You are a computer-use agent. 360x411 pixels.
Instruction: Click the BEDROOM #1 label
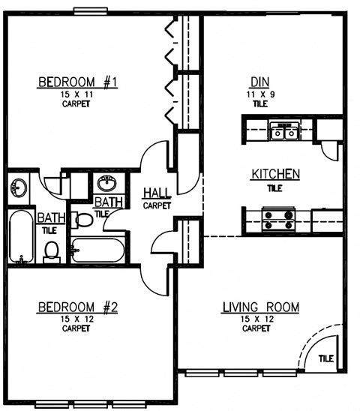pos(78,82)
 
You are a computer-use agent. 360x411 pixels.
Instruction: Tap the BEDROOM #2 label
pos(78,307)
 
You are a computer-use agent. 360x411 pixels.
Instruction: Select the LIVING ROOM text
pos(260,307)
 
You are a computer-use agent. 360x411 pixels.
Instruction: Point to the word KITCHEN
pos(275,174)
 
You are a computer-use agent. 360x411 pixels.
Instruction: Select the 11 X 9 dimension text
pos(259,94)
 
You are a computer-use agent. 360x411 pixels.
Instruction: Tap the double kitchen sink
pos(283,133)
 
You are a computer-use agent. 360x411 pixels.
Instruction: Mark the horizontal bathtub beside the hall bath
pos(98,248)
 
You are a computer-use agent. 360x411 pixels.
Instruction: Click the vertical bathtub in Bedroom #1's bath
pos(20,237)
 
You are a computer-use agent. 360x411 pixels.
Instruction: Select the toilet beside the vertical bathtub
pos(52,250)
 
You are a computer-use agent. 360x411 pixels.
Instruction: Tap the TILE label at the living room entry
pos(327,359)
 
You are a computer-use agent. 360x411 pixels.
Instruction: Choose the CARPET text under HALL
pos(157,205)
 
